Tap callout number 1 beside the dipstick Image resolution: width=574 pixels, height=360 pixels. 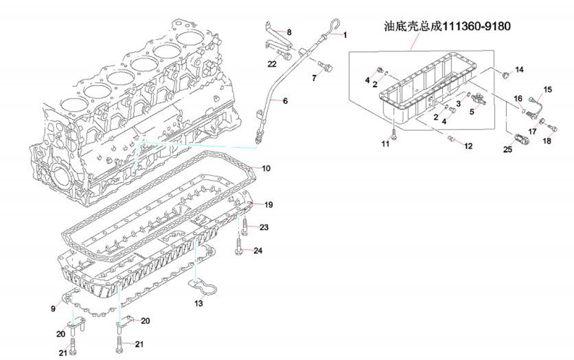pyautogui.click(x=345, y=35)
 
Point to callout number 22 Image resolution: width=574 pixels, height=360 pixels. pyautogui.click(x=272, y=64)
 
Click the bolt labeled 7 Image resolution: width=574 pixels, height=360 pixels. pyautogui.click(x=328, y=68)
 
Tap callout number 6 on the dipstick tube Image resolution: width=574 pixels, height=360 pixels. pyautogui.click(x=285, y=101)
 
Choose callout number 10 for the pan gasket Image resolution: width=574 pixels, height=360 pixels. pyautogui.click(x=266, y=168)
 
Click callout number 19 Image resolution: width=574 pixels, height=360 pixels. pyautogui.click(x=269, y=205)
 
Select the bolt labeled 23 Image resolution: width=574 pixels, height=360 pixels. pyautogui.click(x=246, y=226)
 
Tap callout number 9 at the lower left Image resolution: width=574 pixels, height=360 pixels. pyautogui.click(x=53, y=309)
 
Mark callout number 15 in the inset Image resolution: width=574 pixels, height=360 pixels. pyautogui.click(x=547, y=89)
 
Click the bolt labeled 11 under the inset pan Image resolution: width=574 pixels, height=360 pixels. pyautogui.click(x=394, y=132)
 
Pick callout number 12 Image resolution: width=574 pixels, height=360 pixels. pyautogui.click(x=468, y=146)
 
